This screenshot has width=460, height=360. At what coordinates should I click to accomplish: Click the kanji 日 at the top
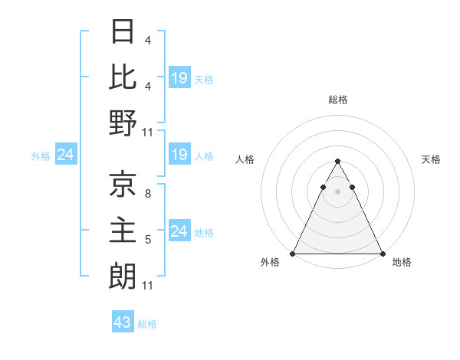[x=123, y=32]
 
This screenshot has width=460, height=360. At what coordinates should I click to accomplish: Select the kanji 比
[x=123, y=77]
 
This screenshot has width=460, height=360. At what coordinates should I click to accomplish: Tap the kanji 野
[x=123, y=123]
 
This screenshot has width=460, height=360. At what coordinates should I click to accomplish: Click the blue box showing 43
[x=123, y=322]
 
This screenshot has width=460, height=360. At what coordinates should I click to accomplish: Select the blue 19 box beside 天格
[x=179, y=77]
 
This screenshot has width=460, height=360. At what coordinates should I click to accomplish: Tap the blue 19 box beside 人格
[x=179, y=155]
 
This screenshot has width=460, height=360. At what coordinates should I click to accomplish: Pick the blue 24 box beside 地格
[x=179, y=231]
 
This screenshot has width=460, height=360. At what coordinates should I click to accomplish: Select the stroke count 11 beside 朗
[x=148, y=286]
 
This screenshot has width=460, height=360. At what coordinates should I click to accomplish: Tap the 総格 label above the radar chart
[x=337, y=100]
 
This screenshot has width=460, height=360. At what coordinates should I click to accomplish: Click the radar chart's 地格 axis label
[x=402, y=263]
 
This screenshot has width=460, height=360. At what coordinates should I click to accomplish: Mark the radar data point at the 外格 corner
[x=293, y=254]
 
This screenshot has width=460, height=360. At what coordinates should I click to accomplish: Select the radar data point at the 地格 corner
[x=382, y=254]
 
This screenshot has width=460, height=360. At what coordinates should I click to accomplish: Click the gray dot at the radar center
[x=337, y=191]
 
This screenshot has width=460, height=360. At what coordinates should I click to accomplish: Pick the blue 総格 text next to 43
[x=147, y=324]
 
